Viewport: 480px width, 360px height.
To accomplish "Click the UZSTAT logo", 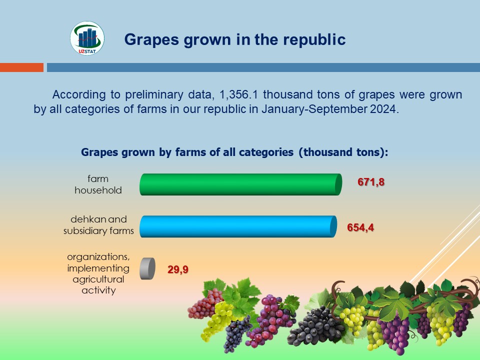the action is (x=87, y=38).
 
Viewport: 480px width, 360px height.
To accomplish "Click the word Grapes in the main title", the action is (x=151, y=40).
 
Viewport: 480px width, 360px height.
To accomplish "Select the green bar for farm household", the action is (x=240, y=184).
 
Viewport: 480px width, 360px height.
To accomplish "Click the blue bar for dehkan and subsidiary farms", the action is (x=238, y=226).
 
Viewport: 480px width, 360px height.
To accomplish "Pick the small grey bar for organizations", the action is (x=147, y=268).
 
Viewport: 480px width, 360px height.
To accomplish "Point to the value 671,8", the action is (x=370, y=182).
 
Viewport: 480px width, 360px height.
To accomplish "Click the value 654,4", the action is (x=360, y=227).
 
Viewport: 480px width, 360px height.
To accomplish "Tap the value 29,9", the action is (x=178, y=269).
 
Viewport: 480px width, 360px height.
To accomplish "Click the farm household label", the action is (x=98, y=184).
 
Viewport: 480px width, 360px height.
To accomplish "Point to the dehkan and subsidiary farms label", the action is (x=98, y=224).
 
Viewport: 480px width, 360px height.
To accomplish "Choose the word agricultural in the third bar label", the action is (x=98, y=279).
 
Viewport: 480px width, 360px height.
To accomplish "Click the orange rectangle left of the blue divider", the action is (x=21, y=67).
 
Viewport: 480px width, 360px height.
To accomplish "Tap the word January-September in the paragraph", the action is (x=314, y=109).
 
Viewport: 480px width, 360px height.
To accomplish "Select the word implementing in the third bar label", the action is (x=98, y=268).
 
